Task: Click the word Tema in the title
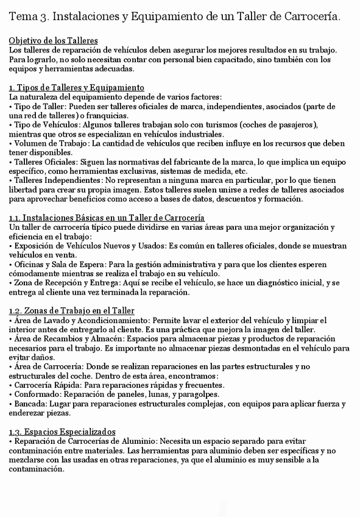coord(23,17)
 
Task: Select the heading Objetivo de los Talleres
coord(54,40)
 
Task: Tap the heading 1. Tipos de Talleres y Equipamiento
coord(77,87)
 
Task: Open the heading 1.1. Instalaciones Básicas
coord(107,218)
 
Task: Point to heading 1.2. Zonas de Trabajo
coord(72,311)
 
